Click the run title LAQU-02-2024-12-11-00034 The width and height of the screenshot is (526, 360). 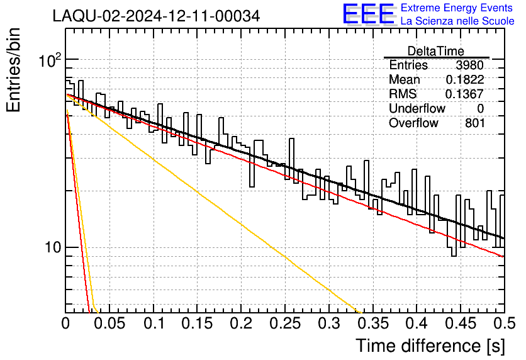[x=156, y=16]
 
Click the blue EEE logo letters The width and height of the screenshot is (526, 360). [x=368, y=14]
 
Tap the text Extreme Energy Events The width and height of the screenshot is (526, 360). [x=457, y=8]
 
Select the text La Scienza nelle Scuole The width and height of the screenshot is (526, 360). [x=457, y=21]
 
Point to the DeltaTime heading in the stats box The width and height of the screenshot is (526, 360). [x=436, y=51]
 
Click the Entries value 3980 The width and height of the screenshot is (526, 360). [x=469, y=65]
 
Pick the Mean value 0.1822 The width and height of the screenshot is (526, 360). [x=465, y=79]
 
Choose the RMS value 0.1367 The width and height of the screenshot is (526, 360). [x=464, y=94]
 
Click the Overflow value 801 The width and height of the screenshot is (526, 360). [x=474, y=123]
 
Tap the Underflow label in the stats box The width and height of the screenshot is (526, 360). [x=417, y=108]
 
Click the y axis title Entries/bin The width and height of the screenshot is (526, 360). [x=14, y=70]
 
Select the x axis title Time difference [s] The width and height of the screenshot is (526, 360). [x=430, y=346]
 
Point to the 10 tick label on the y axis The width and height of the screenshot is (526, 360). [x=53, y=247]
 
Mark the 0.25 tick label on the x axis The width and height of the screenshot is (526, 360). [x=285, y=323]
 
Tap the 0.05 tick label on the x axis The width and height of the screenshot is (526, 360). [x=109, y=323]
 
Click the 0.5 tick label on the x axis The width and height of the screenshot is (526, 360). [x=504, y=323]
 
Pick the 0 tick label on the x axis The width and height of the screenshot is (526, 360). [x=65, y=323]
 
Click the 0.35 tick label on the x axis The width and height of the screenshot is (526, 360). [x=373, y=323]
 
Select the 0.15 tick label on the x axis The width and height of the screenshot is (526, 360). [x=198, y=323]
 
